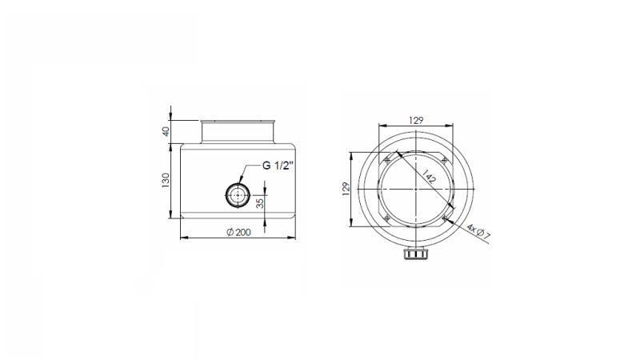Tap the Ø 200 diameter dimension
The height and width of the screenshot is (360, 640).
click(x=240, y=232)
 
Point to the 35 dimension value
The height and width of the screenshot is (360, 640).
click(x=260, y=203)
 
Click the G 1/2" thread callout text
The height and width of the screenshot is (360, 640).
click(x=279, y=166)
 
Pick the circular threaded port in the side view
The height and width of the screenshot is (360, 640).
click(x=238, y=194)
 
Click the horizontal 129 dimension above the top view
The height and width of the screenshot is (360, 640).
click(x=415, y=120)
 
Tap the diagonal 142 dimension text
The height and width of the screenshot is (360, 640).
click(x=428, y=178)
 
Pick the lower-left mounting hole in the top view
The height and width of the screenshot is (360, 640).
click(x=387, y=217)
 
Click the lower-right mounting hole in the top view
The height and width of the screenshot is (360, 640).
click(x=444, y=217)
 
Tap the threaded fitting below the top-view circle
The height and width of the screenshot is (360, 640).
click(x=415, y=255)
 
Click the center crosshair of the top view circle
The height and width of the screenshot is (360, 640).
click(x=415, y=188)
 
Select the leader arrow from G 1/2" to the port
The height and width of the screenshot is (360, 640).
click(x=251, y=175)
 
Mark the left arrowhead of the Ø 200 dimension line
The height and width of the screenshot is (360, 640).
click(x=182, y=238)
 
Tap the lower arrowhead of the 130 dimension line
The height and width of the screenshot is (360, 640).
click(x=174, y=219)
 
